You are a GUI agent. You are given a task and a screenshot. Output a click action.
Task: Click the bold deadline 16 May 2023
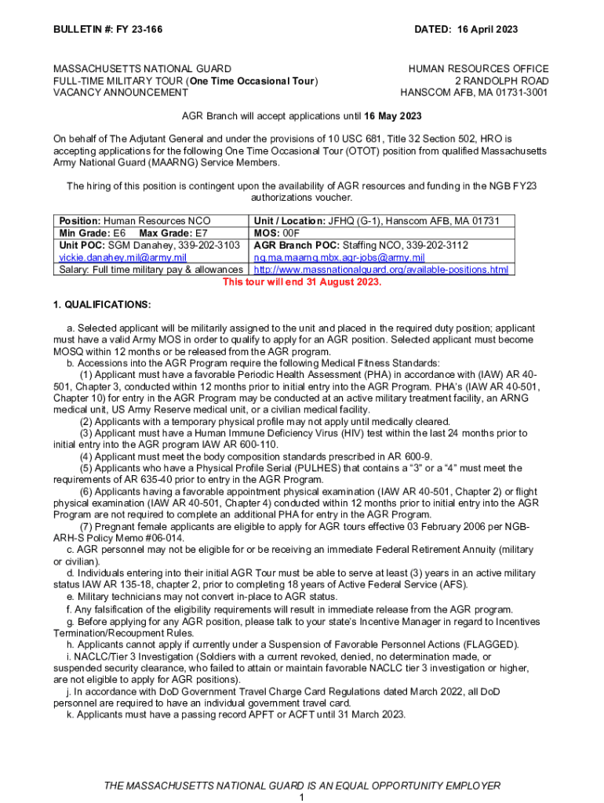coord(393,116)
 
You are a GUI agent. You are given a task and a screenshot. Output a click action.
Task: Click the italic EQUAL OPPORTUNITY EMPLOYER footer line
coord(302,786)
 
